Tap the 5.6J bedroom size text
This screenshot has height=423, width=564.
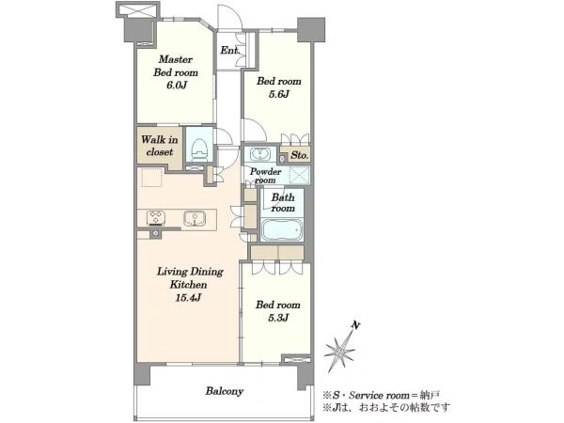pyautogui.click(x=279, y=95)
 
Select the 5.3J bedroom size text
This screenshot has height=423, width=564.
pyautogui.click(x=278, y=318)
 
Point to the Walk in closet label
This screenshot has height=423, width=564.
pyautogui.click(x=160, y=146)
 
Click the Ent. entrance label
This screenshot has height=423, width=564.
pyautogui.click(x=230, y=51)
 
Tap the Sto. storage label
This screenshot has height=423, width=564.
pyautogui.click(x=299, y=155)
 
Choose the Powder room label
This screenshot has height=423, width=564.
pyautogui.click(x=265, y=176)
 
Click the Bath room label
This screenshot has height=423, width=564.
pyautogui.click(x=283, y=203)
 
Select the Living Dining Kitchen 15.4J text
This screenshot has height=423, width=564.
pyautogui.click(x=189, y=284)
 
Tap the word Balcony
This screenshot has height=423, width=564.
pyautogui.click(x=225, y=391)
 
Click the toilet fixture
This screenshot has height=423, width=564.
pyautogui.click(x=199, y=150)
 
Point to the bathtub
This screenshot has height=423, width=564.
pyautogui.click(x=281, y=229)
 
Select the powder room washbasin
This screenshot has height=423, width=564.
pyautogui.click(x=259, y=154)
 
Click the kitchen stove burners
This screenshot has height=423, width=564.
pyautogui.click(x=156, y=218)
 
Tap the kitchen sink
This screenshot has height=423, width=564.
pyautogui.click(x=195, y=219)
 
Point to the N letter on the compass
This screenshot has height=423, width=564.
pyautogui.click(x=355, y=325)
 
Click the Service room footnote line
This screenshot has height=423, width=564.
pyautogui.click(x=381, y=396)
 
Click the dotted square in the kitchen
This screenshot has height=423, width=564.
pyautogui.click(x=152, y=178)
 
